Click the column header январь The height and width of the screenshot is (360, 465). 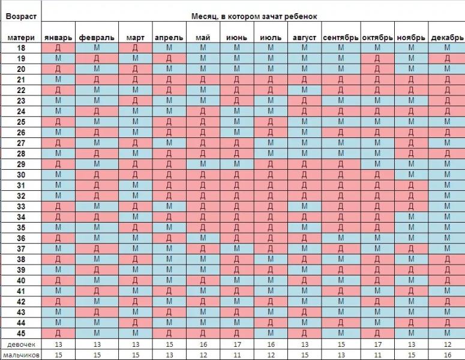click(x=58, y=38)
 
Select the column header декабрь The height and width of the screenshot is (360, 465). click(x=447, y=38)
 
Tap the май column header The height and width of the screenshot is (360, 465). click(x=203, y=38)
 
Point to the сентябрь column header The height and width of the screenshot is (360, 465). click(x=341, y=38)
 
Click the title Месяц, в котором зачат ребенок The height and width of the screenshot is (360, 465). click(x=253, y=16)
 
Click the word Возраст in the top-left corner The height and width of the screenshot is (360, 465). click(x=21, y=16)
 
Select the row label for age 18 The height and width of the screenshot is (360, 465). click(x=21, y=48)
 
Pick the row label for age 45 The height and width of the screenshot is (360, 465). click(x=21, y=333)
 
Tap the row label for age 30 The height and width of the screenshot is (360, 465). click(x=21, y=175)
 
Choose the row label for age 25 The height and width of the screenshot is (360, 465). click(x=21, y=122)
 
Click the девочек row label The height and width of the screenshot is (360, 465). click(x=21, y=344)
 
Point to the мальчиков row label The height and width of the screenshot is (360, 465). click(x=21, y=355)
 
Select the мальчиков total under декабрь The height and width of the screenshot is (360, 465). click(x=447, y=355)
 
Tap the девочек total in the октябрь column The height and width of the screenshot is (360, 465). click(x=377, y=344)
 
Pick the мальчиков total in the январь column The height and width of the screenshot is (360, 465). click(x=58, y=355)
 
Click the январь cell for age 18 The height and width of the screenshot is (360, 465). click(x=58, y=48)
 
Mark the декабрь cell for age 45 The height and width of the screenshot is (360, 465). click(x=447, y=333)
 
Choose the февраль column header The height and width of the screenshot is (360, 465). click(x=97, y=38)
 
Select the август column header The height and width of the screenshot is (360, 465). click(x=304, y=38)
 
